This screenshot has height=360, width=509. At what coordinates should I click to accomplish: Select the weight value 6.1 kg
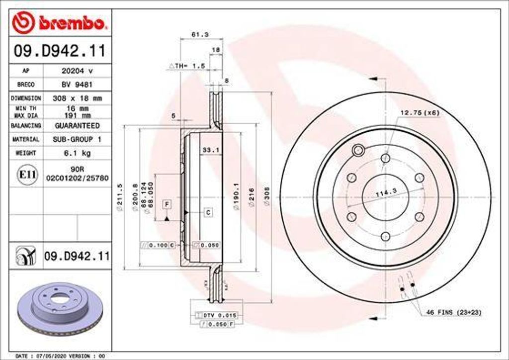tap(76, 154)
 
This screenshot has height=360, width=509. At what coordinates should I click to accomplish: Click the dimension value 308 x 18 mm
tap(77, 98)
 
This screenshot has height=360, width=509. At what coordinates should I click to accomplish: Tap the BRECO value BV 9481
tap(76, 85)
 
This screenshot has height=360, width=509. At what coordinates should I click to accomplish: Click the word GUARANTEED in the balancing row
tap(77, 126)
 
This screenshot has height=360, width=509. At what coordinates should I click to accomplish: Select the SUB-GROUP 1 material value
tap(77, 140)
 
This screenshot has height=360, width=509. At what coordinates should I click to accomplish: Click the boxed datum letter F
tap(167, 204)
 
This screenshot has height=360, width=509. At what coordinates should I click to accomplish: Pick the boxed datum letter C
tap(208, 213)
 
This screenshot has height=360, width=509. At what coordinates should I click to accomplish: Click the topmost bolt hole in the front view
tap(385, 158)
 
